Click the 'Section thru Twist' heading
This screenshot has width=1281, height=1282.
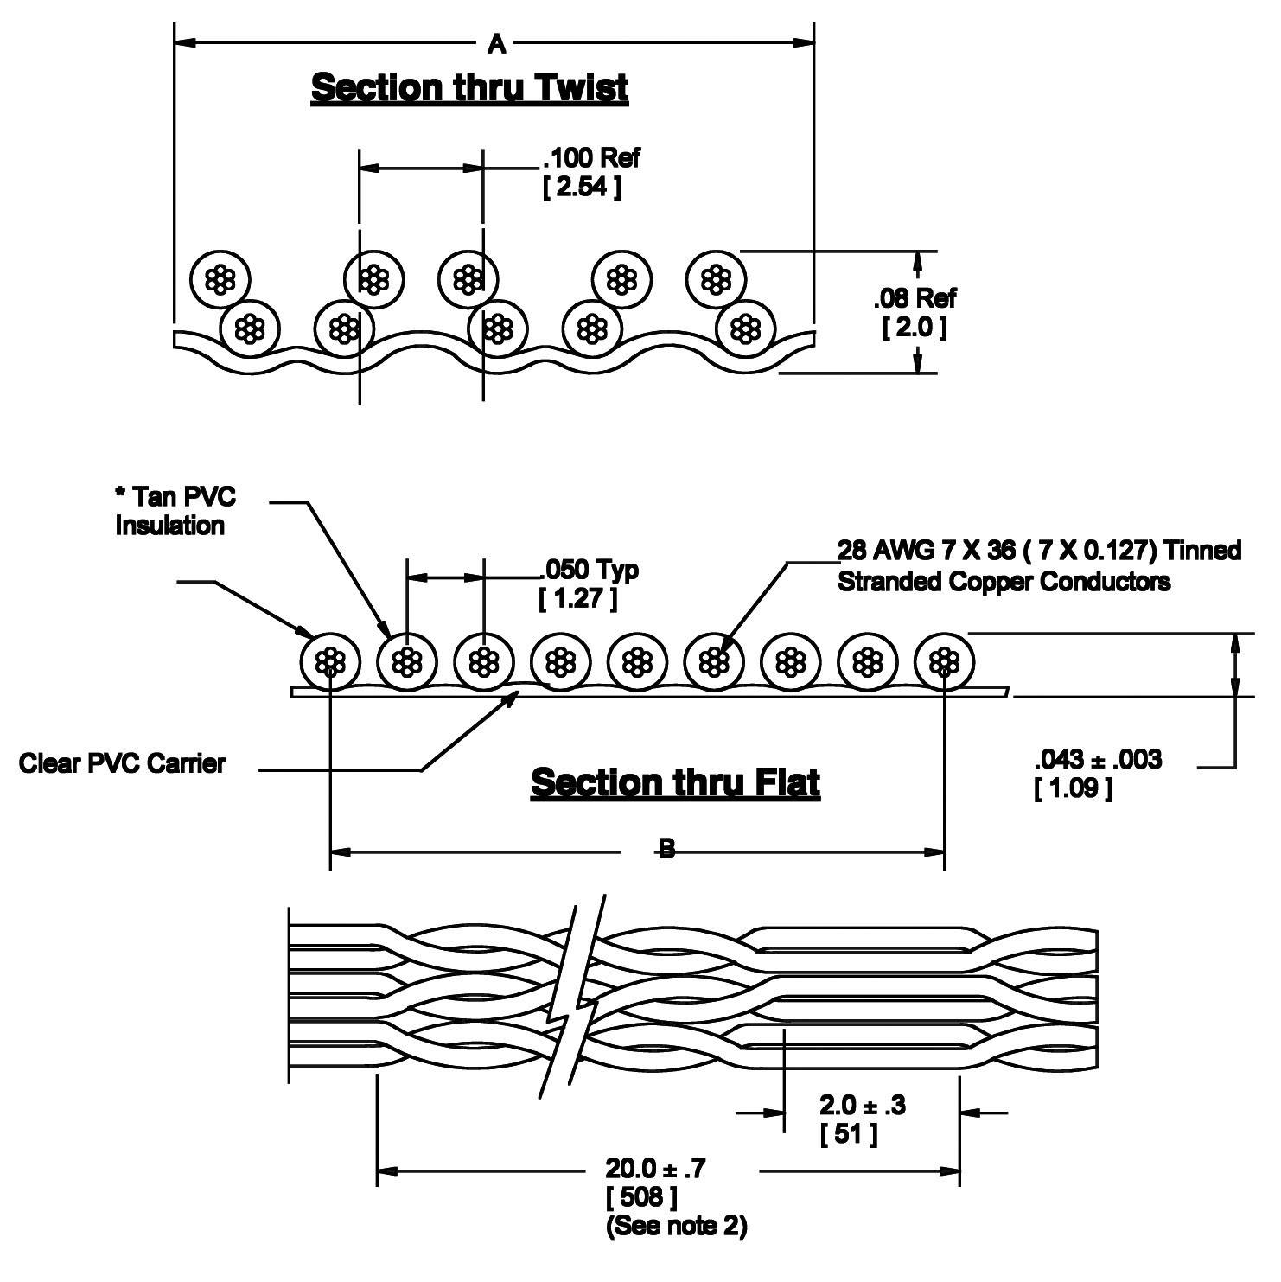click(x=469, y=88)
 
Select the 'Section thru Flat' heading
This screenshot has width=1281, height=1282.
click(x=675, y=782)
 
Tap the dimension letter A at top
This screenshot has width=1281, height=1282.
click(x=496, y=43)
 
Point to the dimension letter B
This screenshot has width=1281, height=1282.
click(x=666, y=851)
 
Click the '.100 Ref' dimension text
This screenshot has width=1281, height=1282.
click(x=591, y=158)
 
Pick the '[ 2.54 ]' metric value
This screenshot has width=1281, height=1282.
click(x=581, y=188)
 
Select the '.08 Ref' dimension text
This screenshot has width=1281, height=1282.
click(x=915, y=299)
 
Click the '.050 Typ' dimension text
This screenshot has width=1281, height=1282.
click(x=590, y=570)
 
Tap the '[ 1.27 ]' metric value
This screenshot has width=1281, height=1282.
click(x=577, y=598)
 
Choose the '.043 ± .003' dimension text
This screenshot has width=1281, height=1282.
click(x=1098, y=760)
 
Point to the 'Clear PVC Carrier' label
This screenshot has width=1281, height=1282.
click(x=122, y=763)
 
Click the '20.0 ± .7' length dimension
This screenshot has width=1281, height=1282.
click(x=655, y=1170)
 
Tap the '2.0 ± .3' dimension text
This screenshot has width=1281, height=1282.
click(x=862, y=1105)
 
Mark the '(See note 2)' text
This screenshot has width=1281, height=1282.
click(x=676, y=1226)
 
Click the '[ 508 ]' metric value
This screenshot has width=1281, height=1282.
click(x=641, y=1198)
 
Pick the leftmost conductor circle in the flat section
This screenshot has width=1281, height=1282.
click(x=330, y=663)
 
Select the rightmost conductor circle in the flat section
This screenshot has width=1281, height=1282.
click(x=944, y=663)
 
